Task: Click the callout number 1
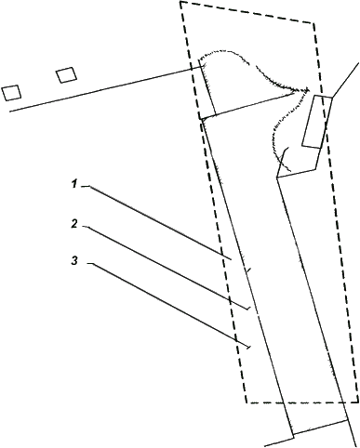click(x=73, y=184)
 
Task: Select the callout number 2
click(x=73, y=224)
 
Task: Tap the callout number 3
click(x=74, y=260)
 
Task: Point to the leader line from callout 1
click(x=158, y=222)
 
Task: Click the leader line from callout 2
click(x=167, y=268)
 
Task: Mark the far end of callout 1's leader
click(x=232, y=259)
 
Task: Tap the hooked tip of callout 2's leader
click(x=248, y=309)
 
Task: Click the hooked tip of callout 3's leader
click(x=248, y=348)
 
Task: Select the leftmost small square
click(x=11, y=93)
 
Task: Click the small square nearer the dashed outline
click(x=66, y=75)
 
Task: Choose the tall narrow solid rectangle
click(x=317, y=122)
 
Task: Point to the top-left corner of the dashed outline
click(x=180, y=2)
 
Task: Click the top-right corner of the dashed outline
click(x=314, y=23)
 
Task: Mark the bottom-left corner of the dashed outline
click(x=247, y=402)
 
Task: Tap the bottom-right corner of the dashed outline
click(x=357, y=402)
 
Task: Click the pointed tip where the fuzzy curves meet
click(x=309, y=89)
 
